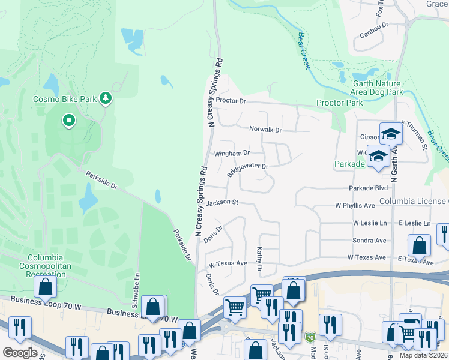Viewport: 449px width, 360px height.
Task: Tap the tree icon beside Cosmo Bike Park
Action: pyautogui.click(x=106, y=98)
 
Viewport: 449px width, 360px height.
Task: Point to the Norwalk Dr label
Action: pyautogui.click(x=265, y=130)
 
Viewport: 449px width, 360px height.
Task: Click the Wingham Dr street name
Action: pyautogui.click(x=231, y=154)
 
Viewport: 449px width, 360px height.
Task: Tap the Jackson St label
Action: pyautogui.click(x=222, y=203)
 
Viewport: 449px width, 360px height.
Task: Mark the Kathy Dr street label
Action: pyautogui.click(x=260, y=258)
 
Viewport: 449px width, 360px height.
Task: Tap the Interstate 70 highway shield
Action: pyautogui.click(x=310, y=337)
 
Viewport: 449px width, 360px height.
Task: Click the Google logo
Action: pyautogui.click(x=20, y=353)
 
